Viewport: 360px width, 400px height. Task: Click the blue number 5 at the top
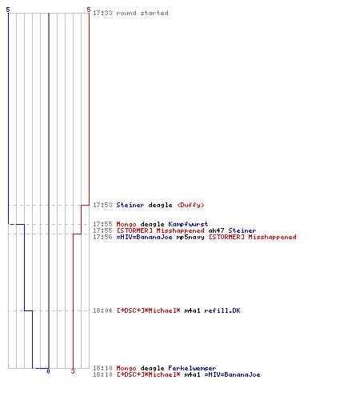[x=8, y=10]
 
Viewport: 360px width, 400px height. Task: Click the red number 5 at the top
[x=89, y=10]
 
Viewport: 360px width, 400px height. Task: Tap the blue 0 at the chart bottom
[x=48, y=371]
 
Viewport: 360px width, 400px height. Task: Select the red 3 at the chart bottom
[x=73, y=371]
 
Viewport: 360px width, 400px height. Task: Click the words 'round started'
[x=142, y=13]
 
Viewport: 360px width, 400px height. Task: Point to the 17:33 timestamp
[x=102, y=13]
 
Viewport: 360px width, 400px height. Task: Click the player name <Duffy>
[x=190, y=205]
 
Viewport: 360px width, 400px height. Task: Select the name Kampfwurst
[x=188, y=224]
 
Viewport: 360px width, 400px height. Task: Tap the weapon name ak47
[x=216, y=230]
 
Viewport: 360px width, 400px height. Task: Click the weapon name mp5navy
[x=190, y=237]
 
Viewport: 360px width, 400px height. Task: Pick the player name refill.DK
[x=222, y=310]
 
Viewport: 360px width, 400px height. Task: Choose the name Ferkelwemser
[x=192, y=368]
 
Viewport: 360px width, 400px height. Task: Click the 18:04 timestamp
[x=102, y=310]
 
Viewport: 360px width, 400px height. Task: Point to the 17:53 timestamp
[x=102, y=205]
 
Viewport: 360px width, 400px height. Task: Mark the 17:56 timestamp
[x=102, y=237]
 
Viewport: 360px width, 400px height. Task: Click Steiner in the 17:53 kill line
[x=130, y=205]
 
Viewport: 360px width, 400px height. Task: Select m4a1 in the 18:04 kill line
[x=192, y=310]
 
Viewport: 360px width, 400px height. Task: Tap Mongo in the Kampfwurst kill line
[x=126, y=224]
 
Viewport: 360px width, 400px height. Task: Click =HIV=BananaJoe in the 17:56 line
[x=145, y=237]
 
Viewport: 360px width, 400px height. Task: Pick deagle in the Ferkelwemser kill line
[x=152, y=368]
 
